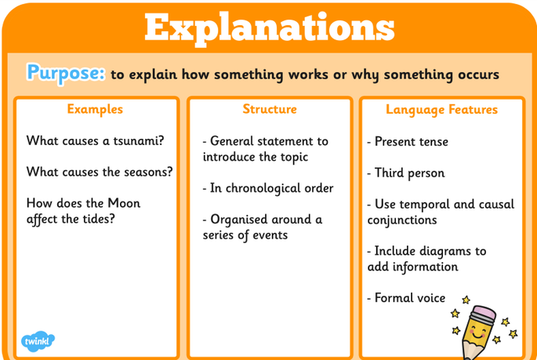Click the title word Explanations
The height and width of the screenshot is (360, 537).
click(x=270, y=28)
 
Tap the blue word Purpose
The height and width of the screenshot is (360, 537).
click(x=66, y=73)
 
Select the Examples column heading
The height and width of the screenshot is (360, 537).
click(x=95, y=109)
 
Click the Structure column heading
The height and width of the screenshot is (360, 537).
click(x=270, y=109)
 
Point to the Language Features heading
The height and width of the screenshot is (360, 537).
click(x=441, y=110)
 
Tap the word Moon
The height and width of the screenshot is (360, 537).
click(x=124, y=203)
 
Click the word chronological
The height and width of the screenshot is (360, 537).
click(x=259, y=188)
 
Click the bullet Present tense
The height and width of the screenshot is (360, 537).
click(x=408, y=141)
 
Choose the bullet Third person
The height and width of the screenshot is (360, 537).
click(x=406, y=173)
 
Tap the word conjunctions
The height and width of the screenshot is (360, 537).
click(x=402, y=220)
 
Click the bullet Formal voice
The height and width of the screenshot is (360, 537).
click(x=406, y=298)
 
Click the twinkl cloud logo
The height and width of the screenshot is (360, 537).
click(x=38, y=341)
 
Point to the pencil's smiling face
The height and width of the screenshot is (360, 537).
click(x=477, y=332)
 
